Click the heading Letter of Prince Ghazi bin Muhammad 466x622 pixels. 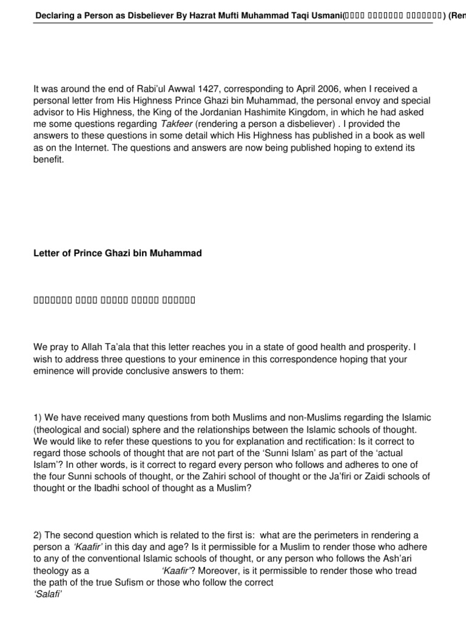point(117,253)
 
